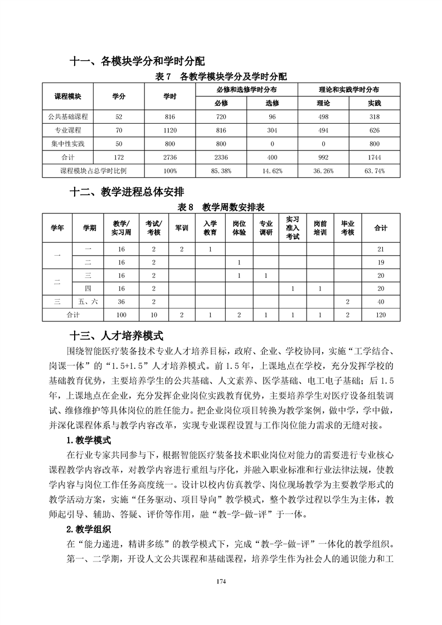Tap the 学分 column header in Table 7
click(119, 96)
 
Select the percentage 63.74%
click(374, 171)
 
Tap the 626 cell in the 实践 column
click(374, 130)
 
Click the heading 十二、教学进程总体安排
click(127, 193)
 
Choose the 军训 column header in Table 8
click(182, 228)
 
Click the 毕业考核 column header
click(347, 228)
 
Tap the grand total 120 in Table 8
click(381, 315)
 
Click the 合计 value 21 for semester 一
click(381, 249)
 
